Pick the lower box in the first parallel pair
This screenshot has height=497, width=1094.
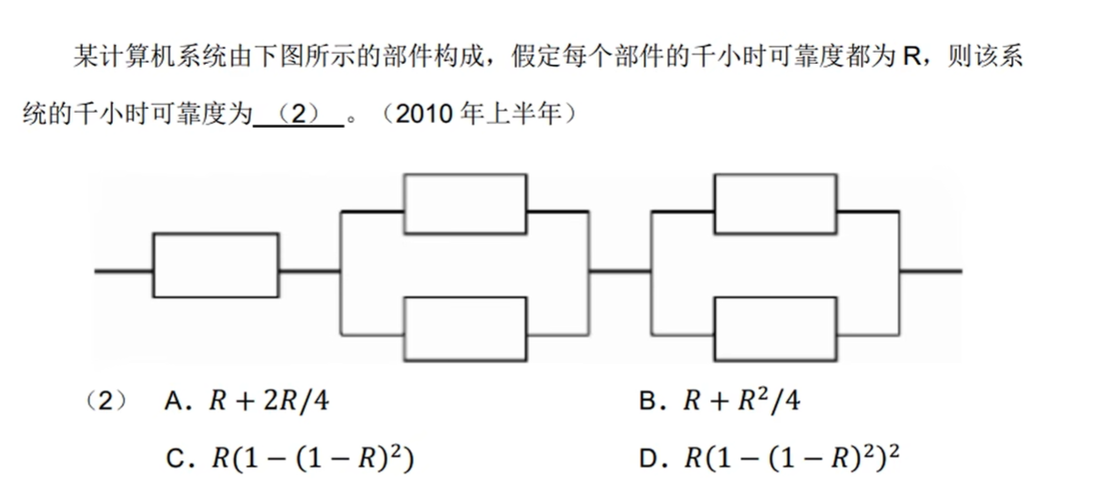465,328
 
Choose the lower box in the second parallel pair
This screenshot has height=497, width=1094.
776,328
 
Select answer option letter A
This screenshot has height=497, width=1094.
174,402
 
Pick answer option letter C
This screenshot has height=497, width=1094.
174,459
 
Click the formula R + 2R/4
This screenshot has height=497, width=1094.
270,402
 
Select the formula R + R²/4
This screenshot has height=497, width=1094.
741,402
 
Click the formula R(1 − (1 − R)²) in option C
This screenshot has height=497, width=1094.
313,459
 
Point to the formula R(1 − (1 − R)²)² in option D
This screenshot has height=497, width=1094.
790,458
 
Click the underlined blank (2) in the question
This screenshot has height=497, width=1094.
299,116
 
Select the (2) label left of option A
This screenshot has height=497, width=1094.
105,402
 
